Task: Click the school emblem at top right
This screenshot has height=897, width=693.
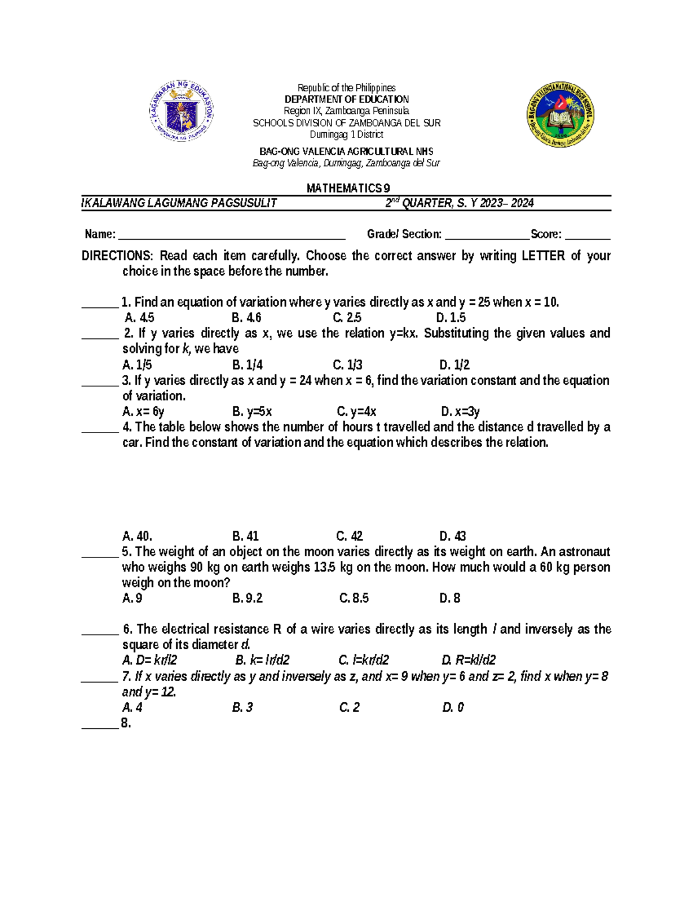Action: (560, 114)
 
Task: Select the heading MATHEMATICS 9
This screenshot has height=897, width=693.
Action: (348, 188)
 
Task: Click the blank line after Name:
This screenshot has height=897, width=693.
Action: (231, 235)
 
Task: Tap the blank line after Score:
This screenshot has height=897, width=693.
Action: (587, 235)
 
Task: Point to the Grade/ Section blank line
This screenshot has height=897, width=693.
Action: (487, 235)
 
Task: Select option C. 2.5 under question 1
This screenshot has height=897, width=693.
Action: (347, 318)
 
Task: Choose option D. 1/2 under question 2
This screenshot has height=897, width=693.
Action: (454, 365)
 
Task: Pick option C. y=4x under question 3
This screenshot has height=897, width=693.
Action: (356, 412)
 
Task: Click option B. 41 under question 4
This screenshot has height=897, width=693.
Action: (245, 536)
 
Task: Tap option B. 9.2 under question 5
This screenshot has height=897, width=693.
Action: (247, 598)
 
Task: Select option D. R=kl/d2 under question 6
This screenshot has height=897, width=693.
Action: (468, 660)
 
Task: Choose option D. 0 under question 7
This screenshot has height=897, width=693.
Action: (453, 708)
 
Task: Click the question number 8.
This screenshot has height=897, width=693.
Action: (126, 723)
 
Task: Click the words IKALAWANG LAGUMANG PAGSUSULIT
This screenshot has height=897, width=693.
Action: (179, 203)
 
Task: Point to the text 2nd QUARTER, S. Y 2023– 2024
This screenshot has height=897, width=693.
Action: (459, 203)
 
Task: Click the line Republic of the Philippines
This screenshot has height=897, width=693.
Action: (346, 88)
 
